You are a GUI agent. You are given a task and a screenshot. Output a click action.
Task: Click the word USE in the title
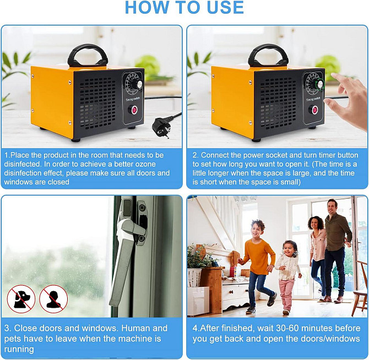pos(225,8)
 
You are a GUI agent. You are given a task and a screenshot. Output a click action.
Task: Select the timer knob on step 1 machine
pos(139,84)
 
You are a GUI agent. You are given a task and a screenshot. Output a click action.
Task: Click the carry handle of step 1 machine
pos(88,55)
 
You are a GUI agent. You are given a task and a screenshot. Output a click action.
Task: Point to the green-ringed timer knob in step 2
pos(320,84)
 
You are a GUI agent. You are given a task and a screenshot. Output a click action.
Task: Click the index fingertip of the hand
pos(334,75)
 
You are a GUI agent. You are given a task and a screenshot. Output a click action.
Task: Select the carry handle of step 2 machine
pos(268,55)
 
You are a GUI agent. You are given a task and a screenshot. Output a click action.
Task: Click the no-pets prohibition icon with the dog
pos(21,299)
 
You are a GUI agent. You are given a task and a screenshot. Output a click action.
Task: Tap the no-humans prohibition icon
pos(53,299)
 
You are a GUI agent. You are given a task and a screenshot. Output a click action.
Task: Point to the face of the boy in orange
pos(257,229)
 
